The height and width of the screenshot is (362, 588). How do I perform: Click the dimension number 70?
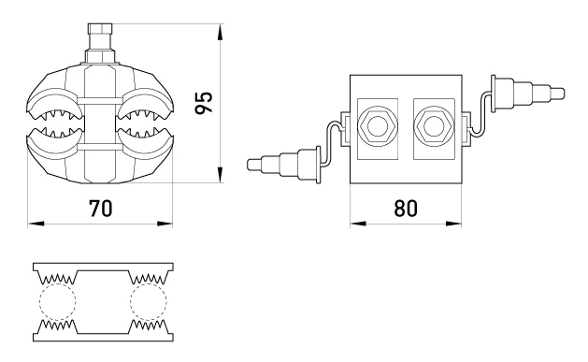[x=101, y=209]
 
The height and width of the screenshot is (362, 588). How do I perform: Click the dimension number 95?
[x=205, y=102]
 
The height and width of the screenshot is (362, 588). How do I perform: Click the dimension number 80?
[x=406, y=209]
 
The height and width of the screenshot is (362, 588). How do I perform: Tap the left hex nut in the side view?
[x=377, y=125]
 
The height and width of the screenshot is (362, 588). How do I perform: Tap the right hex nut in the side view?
[x=434, y=125]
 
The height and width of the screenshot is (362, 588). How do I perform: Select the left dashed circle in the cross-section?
[x=58, y=301]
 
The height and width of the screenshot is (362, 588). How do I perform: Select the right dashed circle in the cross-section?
[x=149, y=301]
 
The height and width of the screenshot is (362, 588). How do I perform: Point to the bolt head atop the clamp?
[x=100, y=28]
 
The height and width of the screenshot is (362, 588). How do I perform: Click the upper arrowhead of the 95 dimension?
[x=221, y=32]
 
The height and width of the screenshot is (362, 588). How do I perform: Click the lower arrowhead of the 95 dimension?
[x=221, y=175]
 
